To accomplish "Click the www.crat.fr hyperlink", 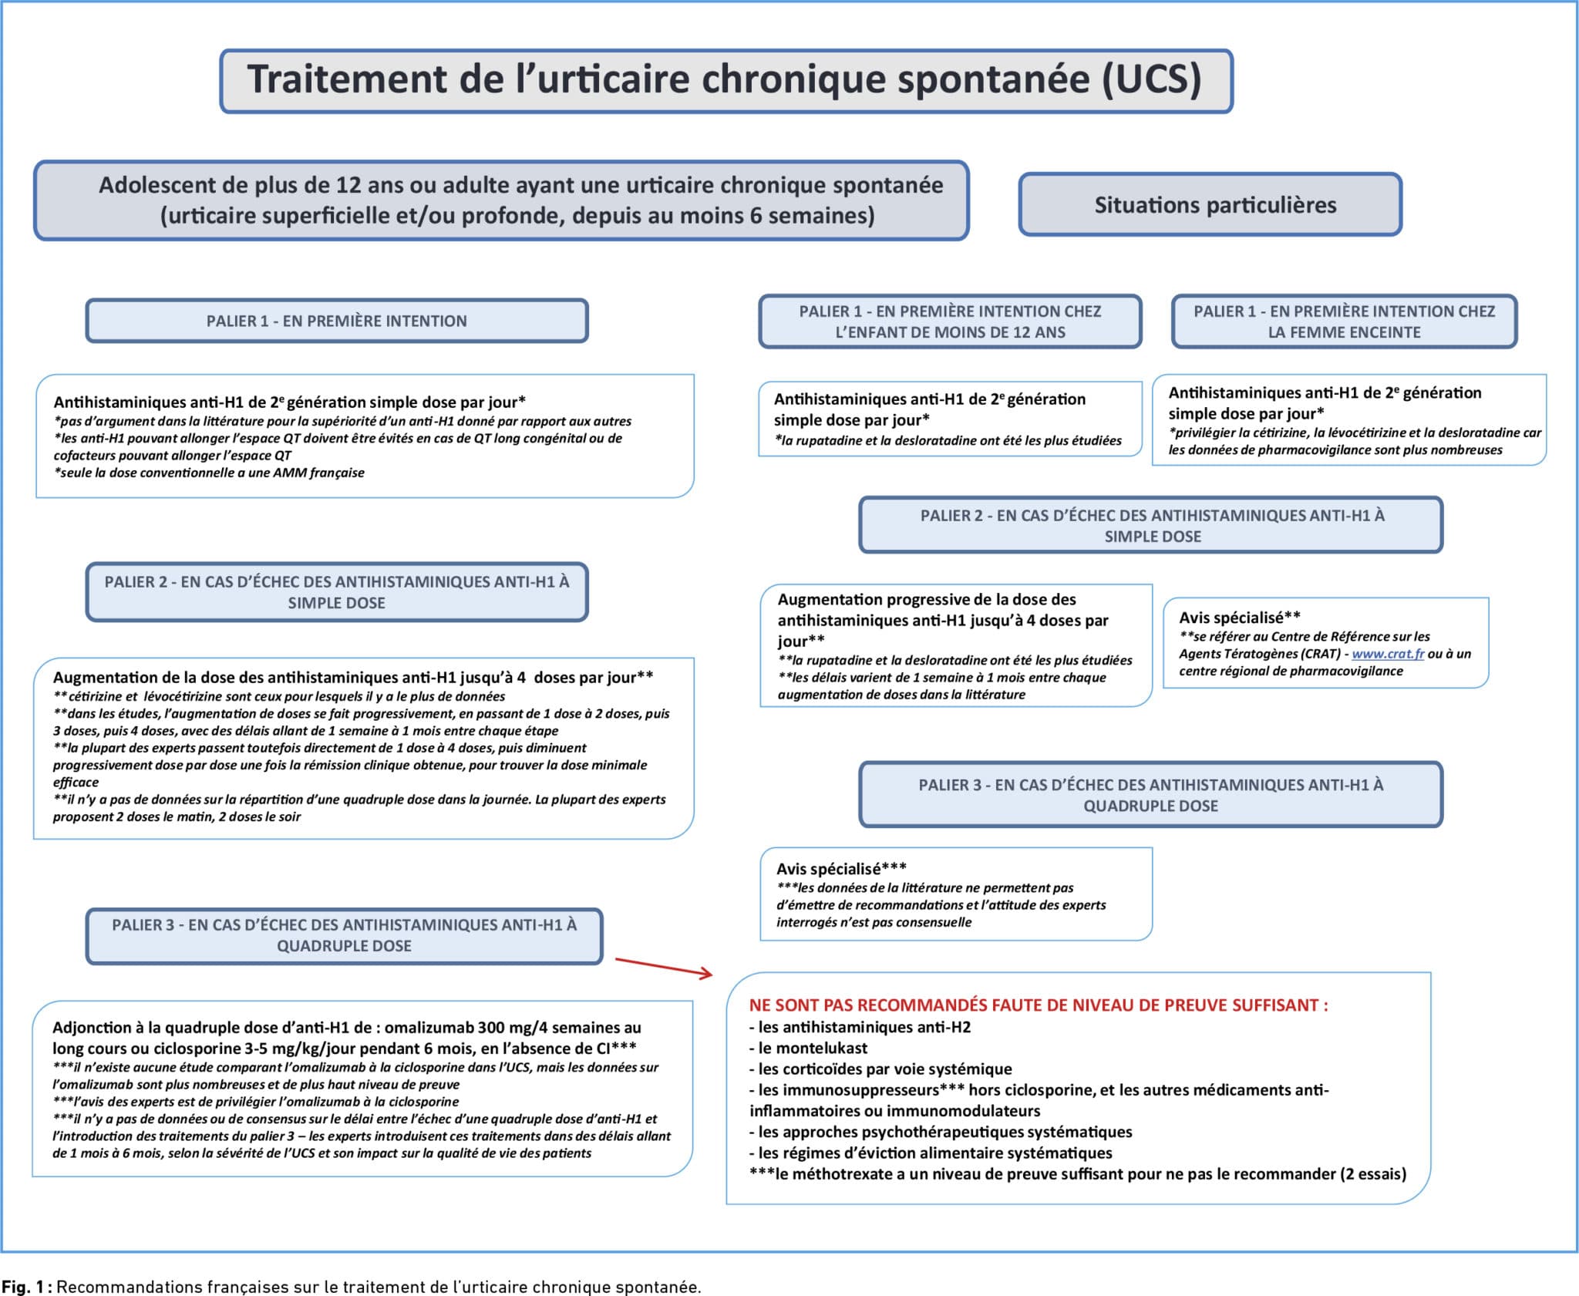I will pyautogui.click(x=1388, y=654).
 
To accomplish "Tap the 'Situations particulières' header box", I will pyautogui.click(x=1210, y=205).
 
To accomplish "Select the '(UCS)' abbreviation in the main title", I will pyautogui.click(x=1151, y=79).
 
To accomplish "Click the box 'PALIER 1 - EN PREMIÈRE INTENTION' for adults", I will pyautogui.click(x=336, y=321).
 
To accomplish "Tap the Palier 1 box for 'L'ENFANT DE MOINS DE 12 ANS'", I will pyautogui.click(x=950, y=321).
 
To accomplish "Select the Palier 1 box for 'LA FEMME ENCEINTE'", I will pyautogui.click(x=1344, y=321).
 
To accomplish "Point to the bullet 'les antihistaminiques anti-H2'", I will pyautogui.click(x=864, y=1027).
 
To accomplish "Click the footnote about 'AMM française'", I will pyautogui.click(x=210, y=473).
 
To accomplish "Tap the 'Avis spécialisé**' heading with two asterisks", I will pyautogui.click(x=1239, y=618).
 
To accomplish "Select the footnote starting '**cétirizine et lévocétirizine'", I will pyautogui.click(x=279, y=696).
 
